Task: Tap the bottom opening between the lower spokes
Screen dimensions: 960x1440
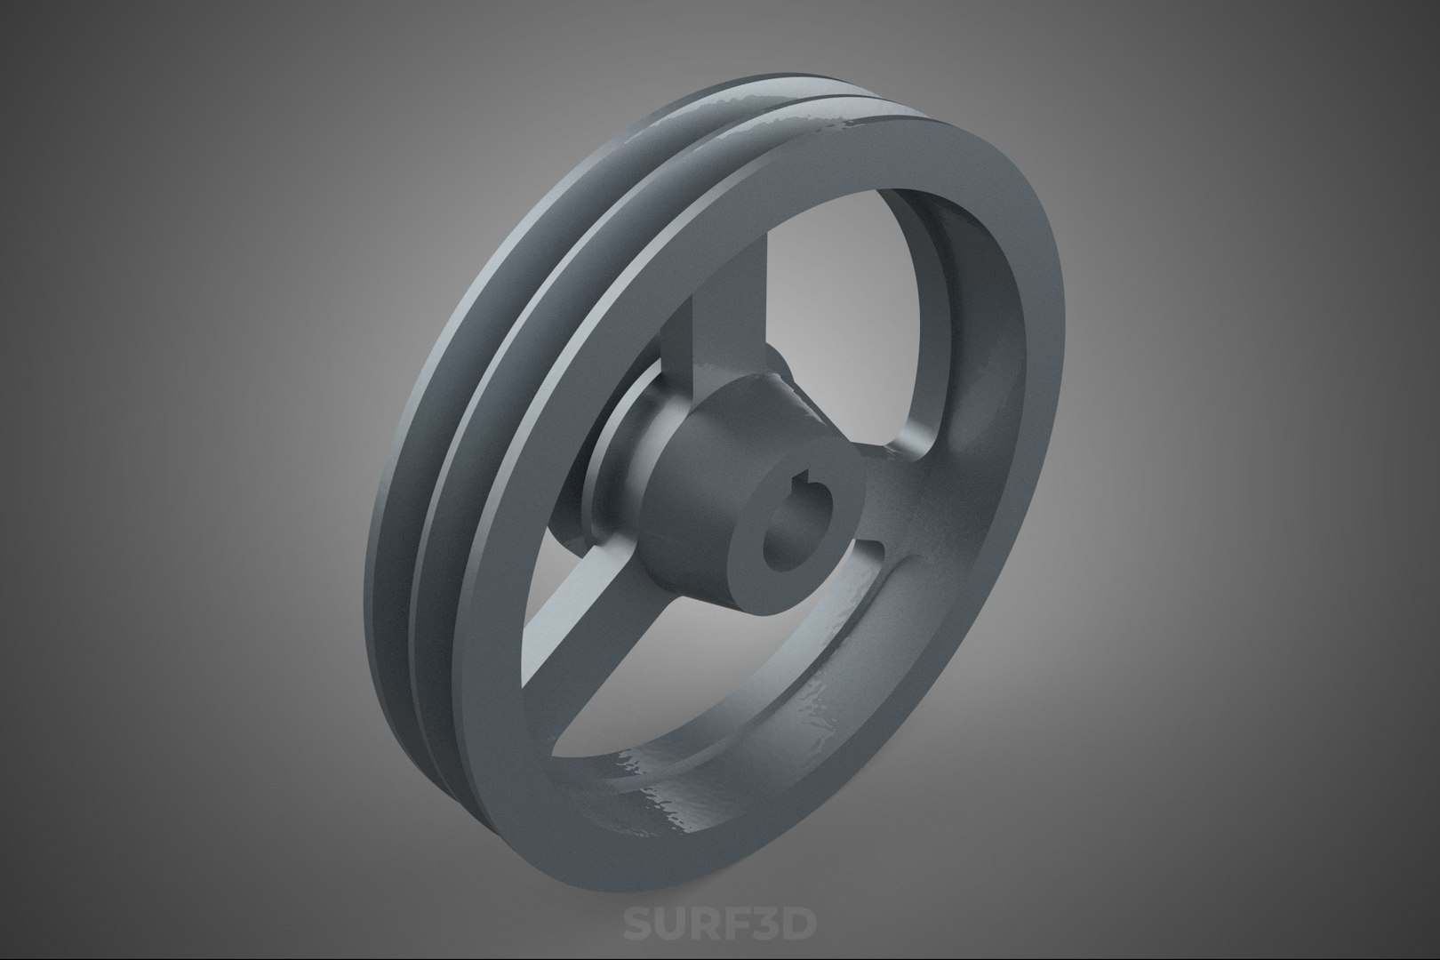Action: (711, 676)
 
